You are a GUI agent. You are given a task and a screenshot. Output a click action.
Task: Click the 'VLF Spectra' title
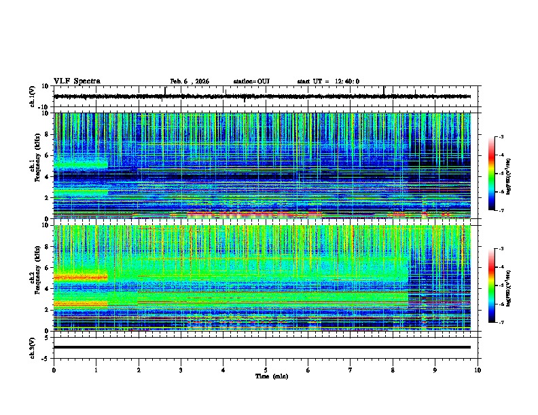77,81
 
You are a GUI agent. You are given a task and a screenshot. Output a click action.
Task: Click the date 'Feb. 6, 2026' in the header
190,81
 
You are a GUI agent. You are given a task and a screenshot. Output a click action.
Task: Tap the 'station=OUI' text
251,81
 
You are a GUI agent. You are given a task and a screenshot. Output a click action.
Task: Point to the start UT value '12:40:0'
347,81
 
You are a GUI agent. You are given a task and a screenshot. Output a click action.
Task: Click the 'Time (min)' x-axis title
271,376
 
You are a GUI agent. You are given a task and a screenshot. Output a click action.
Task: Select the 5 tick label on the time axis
266,370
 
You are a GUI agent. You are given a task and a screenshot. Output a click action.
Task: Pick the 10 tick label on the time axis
478,370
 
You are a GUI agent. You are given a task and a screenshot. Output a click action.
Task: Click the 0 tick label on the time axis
54,370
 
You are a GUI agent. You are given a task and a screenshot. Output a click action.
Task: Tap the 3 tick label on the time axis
181,370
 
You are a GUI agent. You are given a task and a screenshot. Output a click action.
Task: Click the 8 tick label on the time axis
393,370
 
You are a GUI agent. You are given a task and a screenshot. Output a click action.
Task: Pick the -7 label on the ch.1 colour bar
501,210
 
